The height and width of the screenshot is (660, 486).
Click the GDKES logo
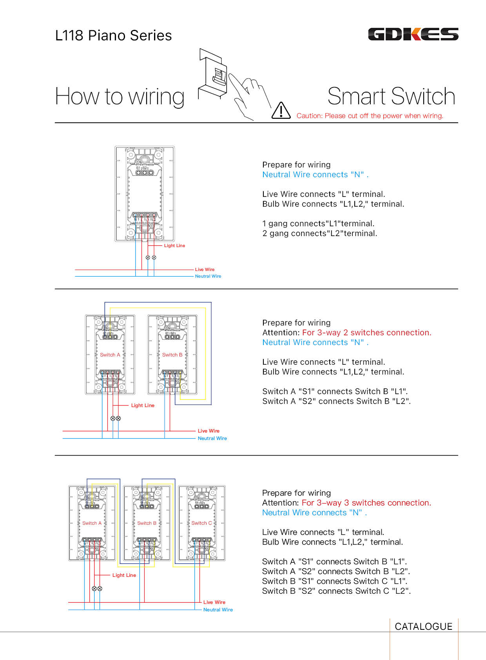pos(413,35)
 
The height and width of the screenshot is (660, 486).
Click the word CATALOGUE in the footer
pos(423,626)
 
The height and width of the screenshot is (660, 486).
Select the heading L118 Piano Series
pos(113,36)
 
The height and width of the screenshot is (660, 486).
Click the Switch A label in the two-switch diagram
pos(110,355)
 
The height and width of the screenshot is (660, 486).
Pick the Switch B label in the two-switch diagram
pos(172,355)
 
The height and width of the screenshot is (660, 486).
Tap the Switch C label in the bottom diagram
pos(201,523)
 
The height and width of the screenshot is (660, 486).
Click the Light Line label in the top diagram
pos(174,246)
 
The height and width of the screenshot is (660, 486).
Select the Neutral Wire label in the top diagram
pos(208,276)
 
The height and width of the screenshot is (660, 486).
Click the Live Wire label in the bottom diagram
pos(214,602)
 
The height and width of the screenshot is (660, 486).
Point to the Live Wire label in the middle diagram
pos(209,431)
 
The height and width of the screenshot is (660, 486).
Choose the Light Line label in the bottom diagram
pos(124,575)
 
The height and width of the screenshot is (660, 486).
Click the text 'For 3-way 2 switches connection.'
pos(366,333)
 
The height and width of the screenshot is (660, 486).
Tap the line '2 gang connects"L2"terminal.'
pos(319,233)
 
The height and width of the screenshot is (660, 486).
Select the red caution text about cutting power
pos(370,116)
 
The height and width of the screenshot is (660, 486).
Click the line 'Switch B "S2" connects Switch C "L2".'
pos(336,591)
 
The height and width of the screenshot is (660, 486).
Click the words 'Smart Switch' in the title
pos(391,96)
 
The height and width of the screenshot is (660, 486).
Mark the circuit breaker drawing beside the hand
pos(213,73)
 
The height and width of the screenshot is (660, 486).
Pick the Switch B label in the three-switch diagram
pos(147,523)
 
